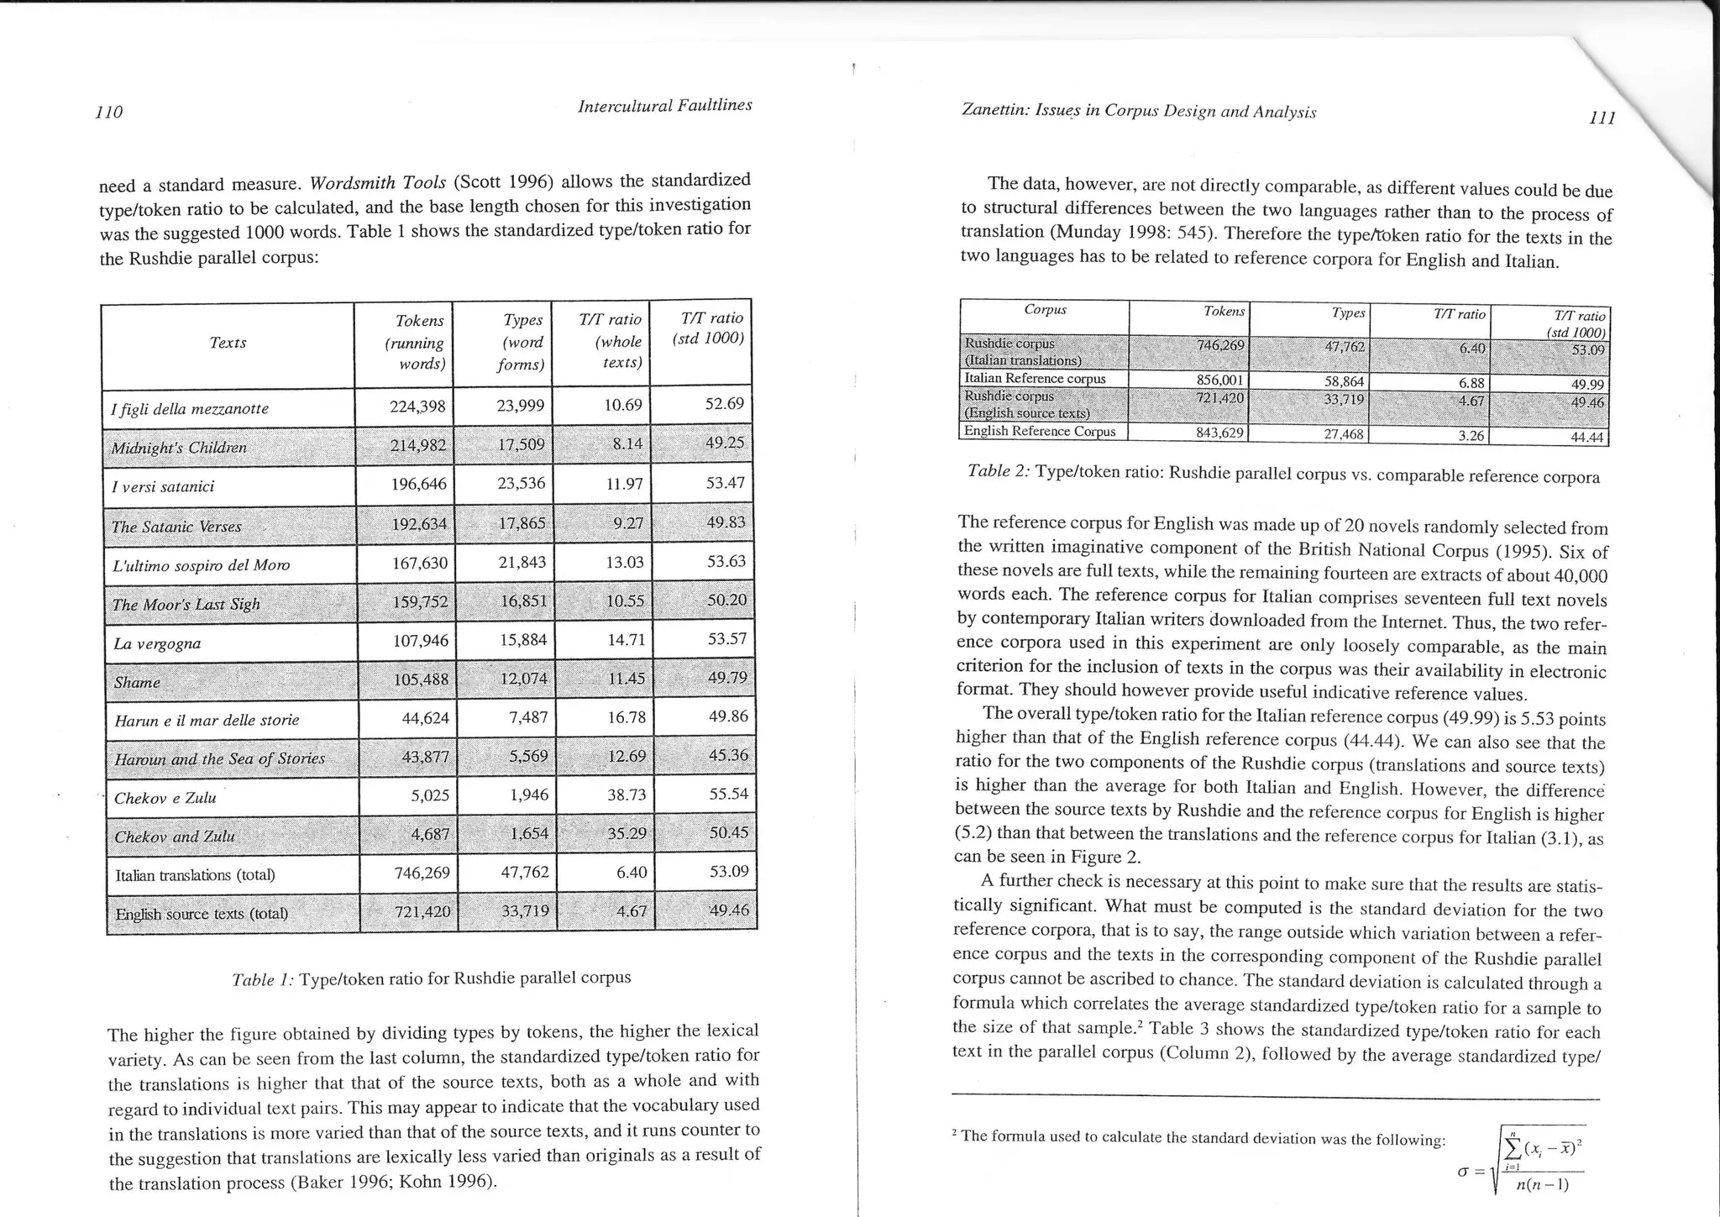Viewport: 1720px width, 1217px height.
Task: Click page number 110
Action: [109, 113]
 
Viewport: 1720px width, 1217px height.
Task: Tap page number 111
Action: [1602, 118]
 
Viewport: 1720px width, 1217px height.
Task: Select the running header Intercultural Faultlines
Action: [664, 106]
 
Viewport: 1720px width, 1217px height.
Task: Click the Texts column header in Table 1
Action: [228, 343]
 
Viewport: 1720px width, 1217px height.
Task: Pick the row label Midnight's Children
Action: [179, 448]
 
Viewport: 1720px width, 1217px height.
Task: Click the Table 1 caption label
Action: [262, 979]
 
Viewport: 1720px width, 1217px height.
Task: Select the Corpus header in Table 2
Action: [1045, 310]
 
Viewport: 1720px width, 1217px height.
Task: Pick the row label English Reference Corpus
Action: [1040, 432]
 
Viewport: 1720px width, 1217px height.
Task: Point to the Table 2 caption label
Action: [998, 471]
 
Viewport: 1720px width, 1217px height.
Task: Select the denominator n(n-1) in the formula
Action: [1542, 1185]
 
